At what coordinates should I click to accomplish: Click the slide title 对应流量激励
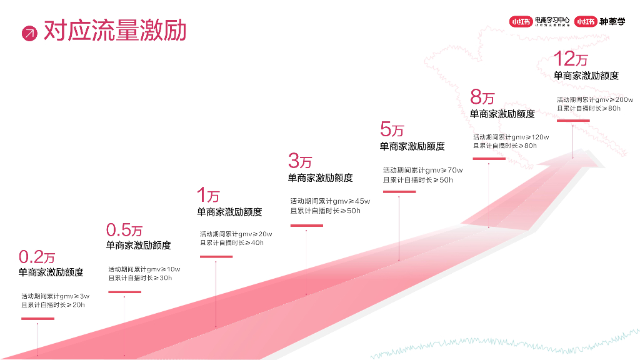pos(115,31)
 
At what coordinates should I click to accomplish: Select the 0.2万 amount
pos(37,257)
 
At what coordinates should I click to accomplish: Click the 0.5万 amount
pos(124,230)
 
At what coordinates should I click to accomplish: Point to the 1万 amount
pos(208,196)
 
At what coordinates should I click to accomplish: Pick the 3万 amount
pos(300,161)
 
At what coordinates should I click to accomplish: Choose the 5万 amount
pos(392,129)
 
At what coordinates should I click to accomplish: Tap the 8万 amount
pos(482,97)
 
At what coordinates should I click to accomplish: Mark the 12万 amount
pos(571,59)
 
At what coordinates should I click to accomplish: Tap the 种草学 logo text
pos(612,21)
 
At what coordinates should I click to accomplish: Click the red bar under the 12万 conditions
pos(572,121)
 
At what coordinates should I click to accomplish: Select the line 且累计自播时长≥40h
pos(232,242)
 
